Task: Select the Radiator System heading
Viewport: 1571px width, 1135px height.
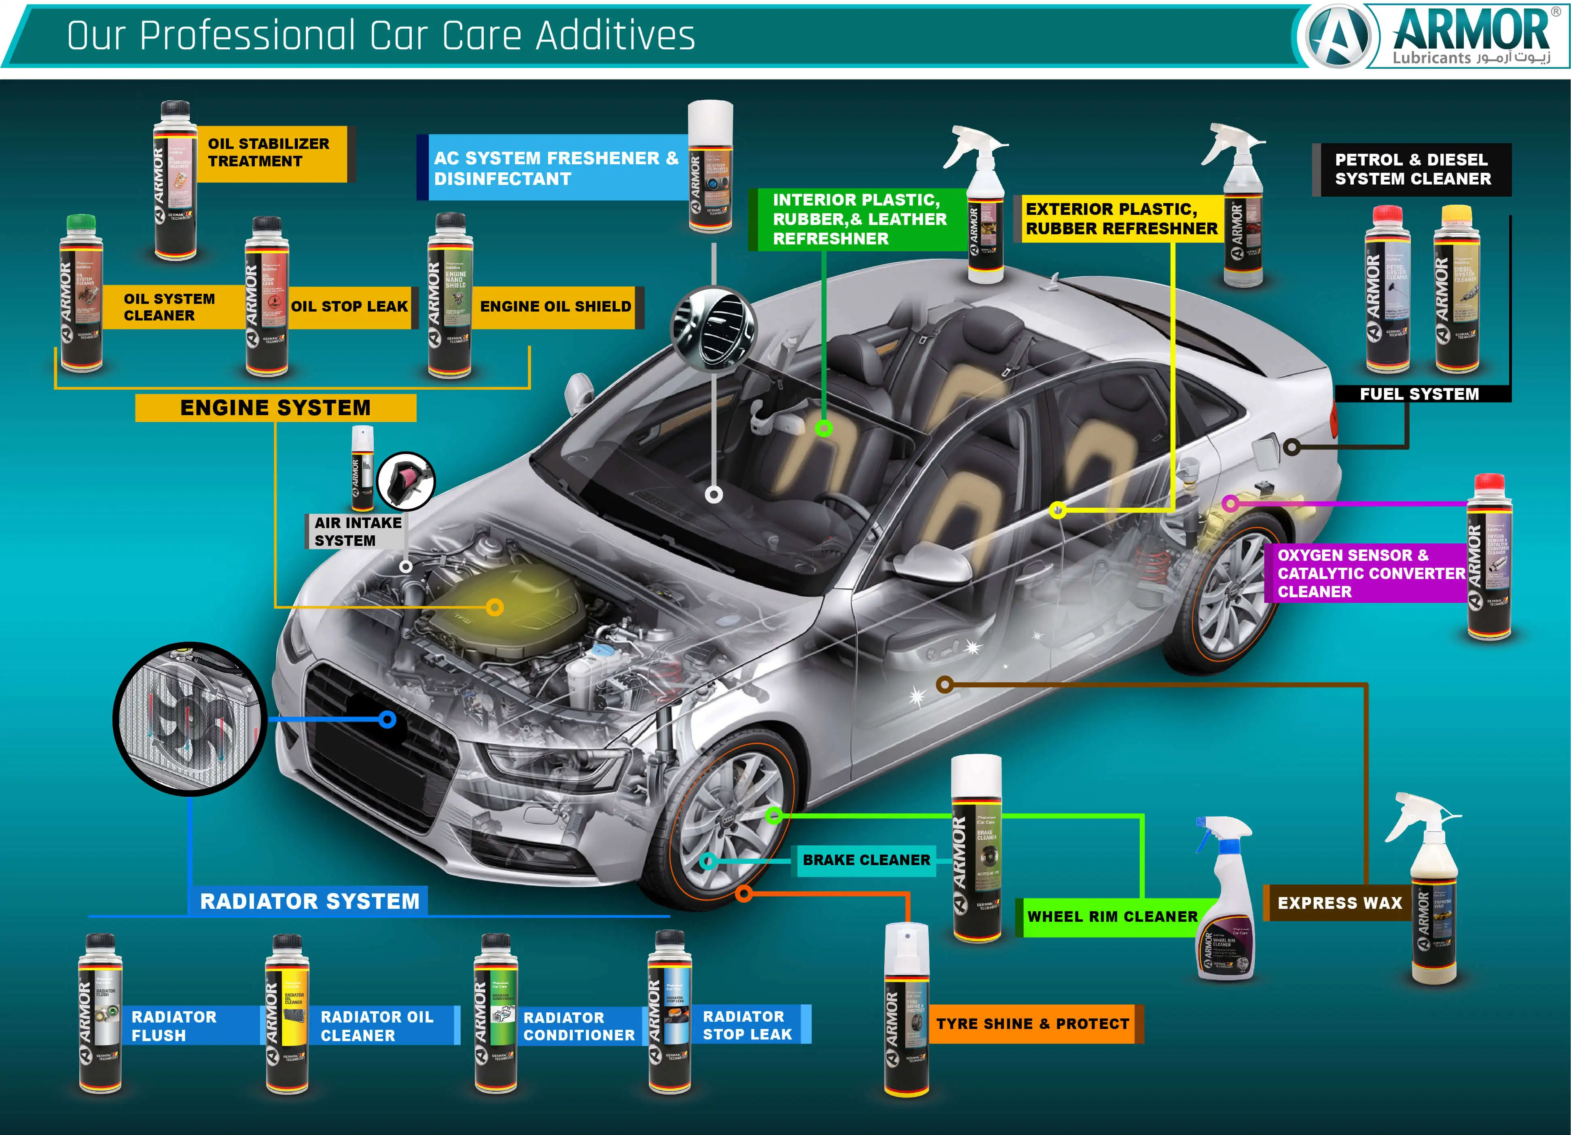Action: (309, 901)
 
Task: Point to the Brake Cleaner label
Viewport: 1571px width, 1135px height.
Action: (866, 860)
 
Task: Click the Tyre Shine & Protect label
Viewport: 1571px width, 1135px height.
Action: (1032, 1023)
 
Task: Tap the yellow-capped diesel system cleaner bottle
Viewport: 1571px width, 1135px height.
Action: (1456, 291)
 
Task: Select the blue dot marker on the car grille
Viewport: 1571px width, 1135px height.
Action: (388, 720)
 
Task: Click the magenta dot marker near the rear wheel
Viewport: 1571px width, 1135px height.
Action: (1230, 504)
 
